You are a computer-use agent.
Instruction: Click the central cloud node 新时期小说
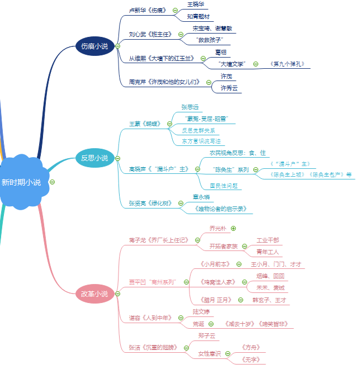click(21, 182)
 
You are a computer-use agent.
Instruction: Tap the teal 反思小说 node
click(94, 158)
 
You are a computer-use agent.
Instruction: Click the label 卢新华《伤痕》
click(148, 10)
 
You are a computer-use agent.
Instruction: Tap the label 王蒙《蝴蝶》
click(145, 124)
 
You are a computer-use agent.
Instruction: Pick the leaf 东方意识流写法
click(201, 141)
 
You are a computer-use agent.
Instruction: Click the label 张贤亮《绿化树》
click(150, 203)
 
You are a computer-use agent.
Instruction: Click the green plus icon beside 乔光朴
click(233, 228)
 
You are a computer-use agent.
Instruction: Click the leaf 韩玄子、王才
click(269, 300)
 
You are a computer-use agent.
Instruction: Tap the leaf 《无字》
click(250, 361)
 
